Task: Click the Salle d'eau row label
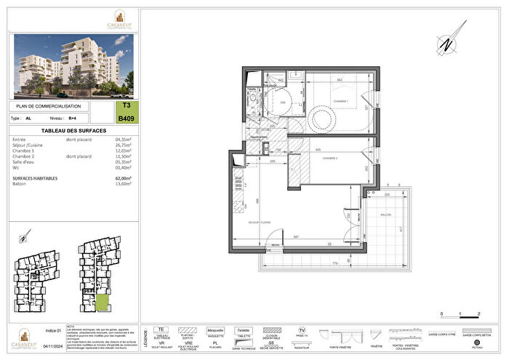pyautogui.click(x=25, y=161)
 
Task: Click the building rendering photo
pyautogui.click(x=73, y=66)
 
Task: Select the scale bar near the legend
pyautogui.click(x=460, y=313)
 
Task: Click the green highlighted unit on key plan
pyautogui.click(x=103, y=303)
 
